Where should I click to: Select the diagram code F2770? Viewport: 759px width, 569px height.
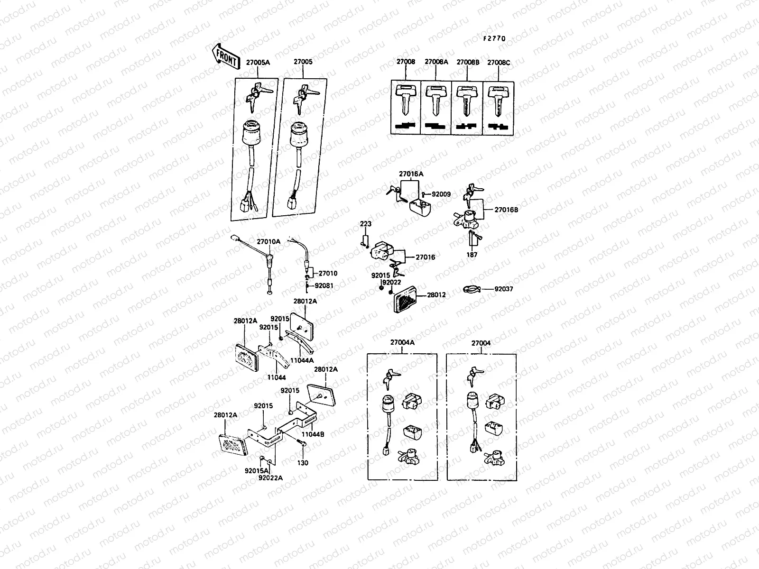pyautogui.click(x=495, y=39)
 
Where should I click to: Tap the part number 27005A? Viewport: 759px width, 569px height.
pyautogui.click(x=258, y=62)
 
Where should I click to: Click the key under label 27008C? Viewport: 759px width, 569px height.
pyautogui.click(x=498, y=99)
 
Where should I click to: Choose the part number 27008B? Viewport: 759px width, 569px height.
pyautogui.click(x=468, y=62)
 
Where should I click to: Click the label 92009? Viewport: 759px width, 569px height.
pyautogui.click(x=441, y=194)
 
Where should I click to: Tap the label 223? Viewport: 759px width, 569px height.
pyautogui.click(x=366, y=224)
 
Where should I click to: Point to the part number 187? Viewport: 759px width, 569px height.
pyautogui.click(x=472, y=255)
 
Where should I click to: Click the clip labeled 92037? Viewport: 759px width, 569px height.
pyautogui.click(x=472, y=289)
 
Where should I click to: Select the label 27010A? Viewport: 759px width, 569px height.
pyautogui.click(x=268, y=241)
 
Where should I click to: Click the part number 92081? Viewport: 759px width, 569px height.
pyautogui.click(x=324, y=285)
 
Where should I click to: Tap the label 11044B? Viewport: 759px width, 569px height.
pyautogui.click(x=313, y=434)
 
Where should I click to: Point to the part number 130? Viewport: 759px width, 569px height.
pyautogui.click(x=303, y=463)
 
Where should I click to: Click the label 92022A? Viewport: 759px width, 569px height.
pyautogui.click(x=270, y=477)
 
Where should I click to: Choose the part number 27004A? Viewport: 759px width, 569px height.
pyautogui.click(x=402, y=343)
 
